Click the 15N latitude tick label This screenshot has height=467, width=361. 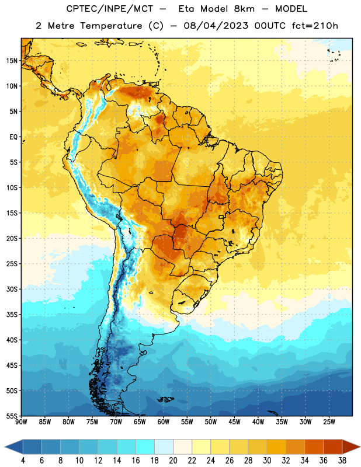click(12, 61)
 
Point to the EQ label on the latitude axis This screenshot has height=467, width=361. click(13, 137)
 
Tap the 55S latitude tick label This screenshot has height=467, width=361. click(12, 416)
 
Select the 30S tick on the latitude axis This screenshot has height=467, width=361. click(12, 289)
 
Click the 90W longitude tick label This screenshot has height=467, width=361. click(21, 421)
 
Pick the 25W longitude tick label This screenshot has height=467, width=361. click(329, 421)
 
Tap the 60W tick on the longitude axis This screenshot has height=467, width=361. click(164, 421)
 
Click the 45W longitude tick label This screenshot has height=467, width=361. click(234, 421)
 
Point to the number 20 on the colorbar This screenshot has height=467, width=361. click(173, 461)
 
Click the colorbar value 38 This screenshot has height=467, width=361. click(342, 461)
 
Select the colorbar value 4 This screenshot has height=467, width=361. click(23, 461)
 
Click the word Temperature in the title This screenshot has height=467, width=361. click(111, 26)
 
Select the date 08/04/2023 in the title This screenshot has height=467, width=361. click(216, 26)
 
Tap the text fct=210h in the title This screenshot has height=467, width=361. click(315, 26)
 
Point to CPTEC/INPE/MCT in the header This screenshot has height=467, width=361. click(109, 9)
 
